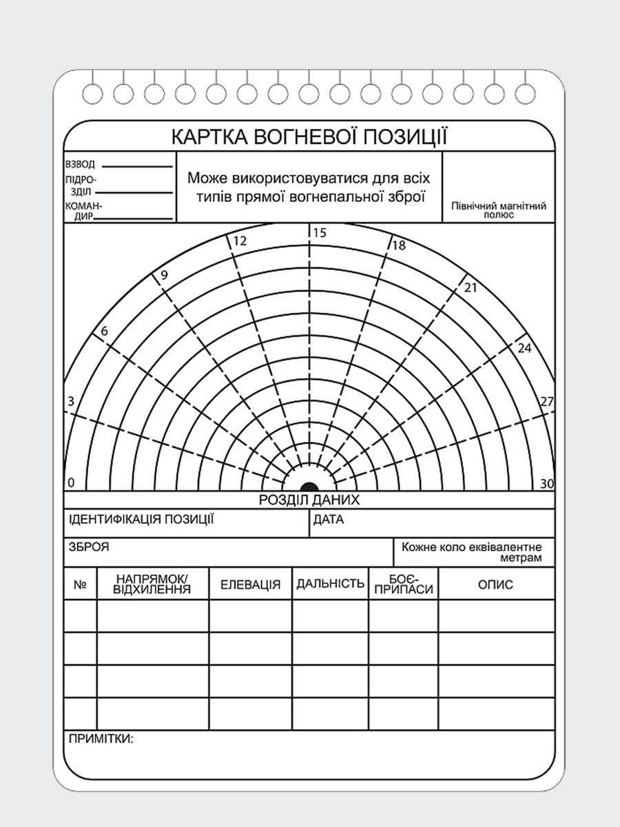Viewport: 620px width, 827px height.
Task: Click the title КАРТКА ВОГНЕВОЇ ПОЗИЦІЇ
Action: click(x=309, y=136)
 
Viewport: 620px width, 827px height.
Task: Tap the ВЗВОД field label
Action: click(x=80, y=165)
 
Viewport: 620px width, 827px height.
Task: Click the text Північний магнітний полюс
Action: click(x=499, y=210)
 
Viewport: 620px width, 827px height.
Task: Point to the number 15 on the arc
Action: click(x=319, y=233)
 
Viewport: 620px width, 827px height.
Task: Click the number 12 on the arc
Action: click(x=240, y=241)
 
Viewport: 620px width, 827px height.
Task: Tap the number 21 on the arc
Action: click(x=471, y=288)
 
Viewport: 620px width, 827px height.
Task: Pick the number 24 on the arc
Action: click(x=524, y=348)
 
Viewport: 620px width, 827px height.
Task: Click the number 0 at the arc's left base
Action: click(x=71, y=483)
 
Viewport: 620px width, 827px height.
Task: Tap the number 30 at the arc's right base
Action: click(x=547, y=483)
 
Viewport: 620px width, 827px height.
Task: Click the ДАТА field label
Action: click(x=329, y=520)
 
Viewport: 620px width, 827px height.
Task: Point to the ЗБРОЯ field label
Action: click(x=89, y=548)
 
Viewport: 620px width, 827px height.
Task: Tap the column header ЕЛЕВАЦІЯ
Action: click(x=250, y=585)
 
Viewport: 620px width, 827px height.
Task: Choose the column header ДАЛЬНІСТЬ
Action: click(x=330, y=584)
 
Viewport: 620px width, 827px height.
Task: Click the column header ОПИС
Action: click(x=495, y=585)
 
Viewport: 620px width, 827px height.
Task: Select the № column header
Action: click(x=80, y=585)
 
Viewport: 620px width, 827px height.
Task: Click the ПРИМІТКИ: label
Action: click(x=101, y=739)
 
